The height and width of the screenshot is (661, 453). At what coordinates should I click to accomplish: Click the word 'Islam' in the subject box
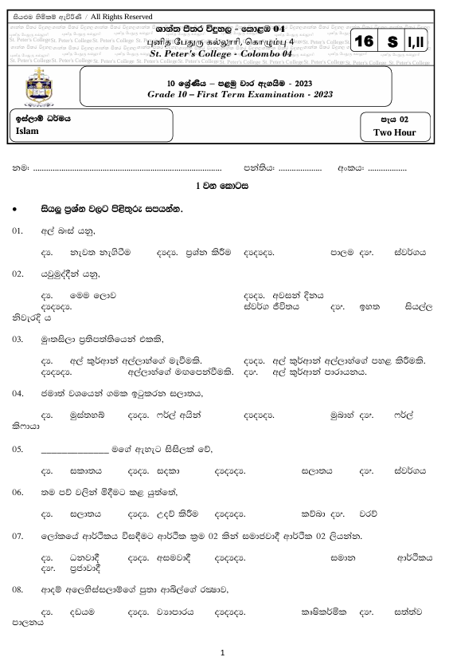click(27, 131)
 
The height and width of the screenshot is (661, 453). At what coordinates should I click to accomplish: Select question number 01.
click(18, 230)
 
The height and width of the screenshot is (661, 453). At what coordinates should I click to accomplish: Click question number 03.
click(18, 339)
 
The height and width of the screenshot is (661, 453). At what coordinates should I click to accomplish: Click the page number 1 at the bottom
click(226, 651)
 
